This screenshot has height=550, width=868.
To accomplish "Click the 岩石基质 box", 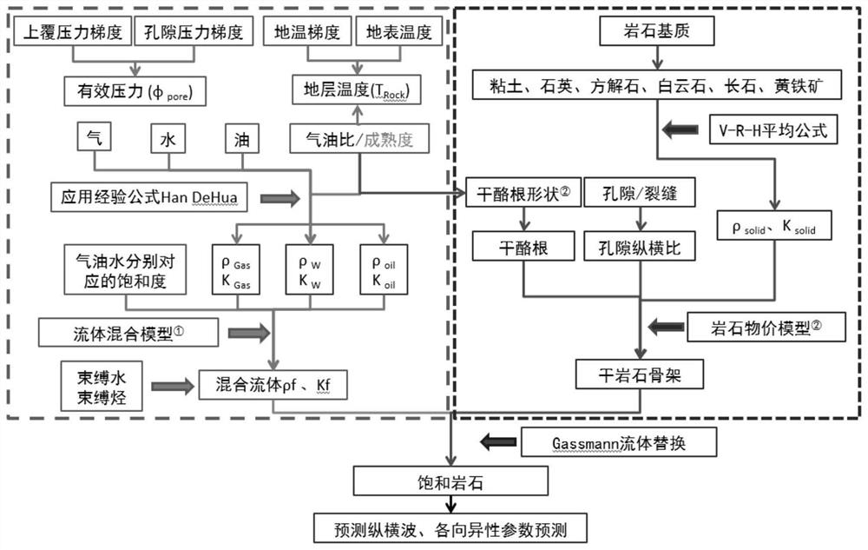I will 658,32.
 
